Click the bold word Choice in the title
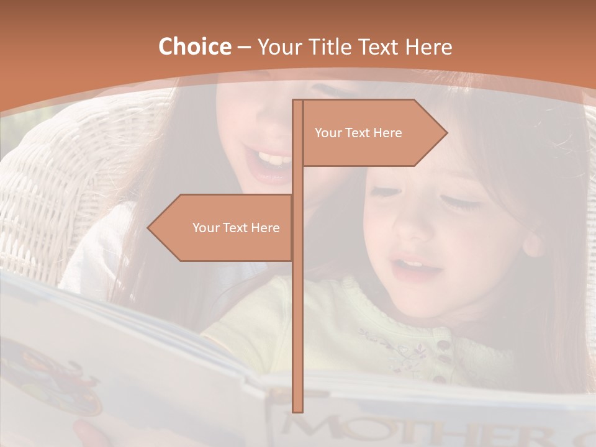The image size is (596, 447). pyautogui.click(x=194, y=47)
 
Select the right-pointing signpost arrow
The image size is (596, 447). pyautogui.click(x=372, y=133)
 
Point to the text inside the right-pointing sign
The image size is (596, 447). pyautogui.click(x=358, y=133)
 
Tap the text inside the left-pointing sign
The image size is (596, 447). pyautogui.click(x=236, y=228)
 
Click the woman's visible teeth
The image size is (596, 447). pyautogui.click(x=272, y=158)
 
